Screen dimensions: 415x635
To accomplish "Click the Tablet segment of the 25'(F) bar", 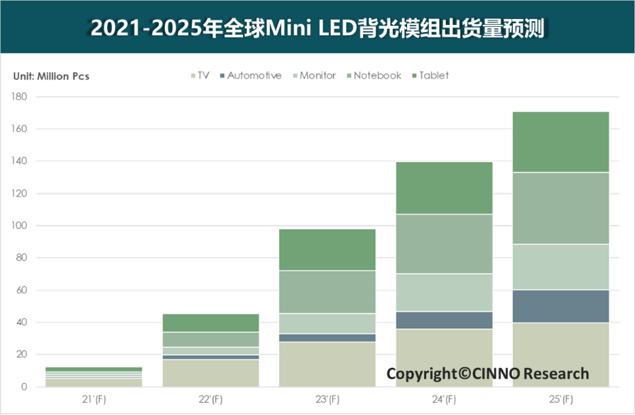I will (560, 142).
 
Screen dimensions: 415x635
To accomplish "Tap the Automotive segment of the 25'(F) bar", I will (560, 306).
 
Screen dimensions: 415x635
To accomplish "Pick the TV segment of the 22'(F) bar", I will (210, 373).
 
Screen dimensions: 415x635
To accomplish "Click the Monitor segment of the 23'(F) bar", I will (327, 324).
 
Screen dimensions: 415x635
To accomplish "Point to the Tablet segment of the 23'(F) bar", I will (327, 250).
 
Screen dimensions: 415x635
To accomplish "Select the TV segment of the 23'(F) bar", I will (327, 364).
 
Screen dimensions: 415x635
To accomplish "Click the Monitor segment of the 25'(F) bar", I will (560, 267).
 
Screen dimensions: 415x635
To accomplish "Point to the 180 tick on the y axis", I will (19, 97).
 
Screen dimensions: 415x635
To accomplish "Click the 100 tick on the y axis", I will (19, 226).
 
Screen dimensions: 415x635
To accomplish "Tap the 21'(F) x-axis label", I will (93, 399).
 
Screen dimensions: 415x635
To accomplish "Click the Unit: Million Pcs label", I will (51, 76).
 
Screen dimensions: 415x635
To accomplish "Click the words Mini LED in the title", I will (308, 28).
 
